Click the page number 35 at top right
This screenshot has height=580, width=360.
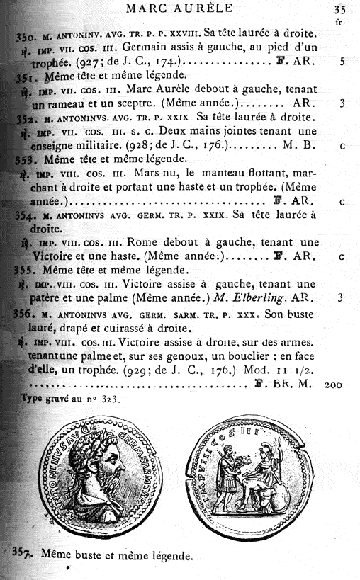339,10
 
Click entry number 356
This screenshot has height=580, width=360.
25,312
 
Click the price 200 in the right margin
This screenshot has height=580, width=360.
333,385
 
